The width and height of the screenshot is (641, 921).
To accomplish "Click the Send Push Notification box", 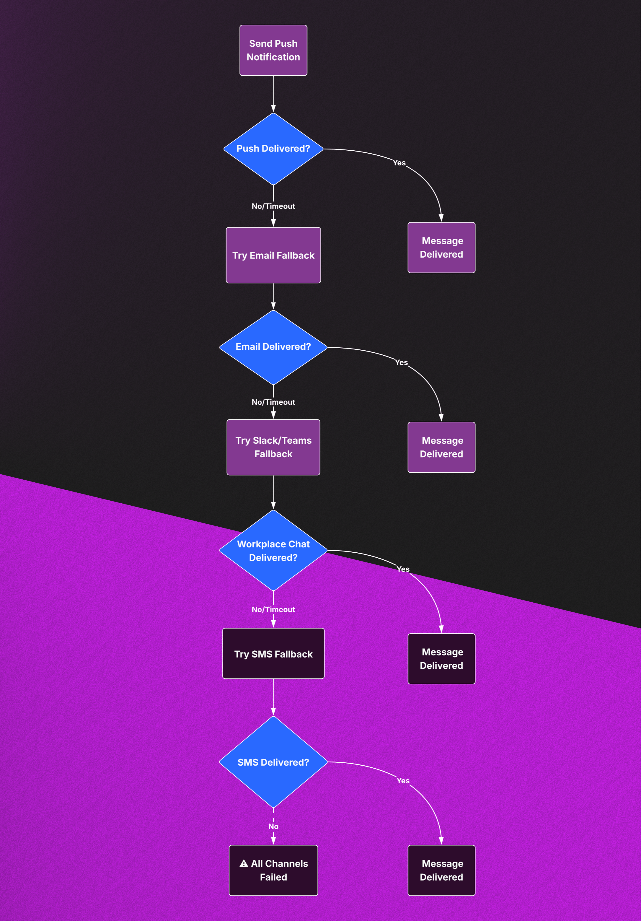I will [273, 50].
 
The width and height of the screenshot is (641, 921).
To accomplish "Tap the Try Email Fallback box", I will [273, 255].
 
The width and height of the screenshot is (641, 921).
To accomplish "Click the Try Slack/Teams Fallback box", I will [273, 447].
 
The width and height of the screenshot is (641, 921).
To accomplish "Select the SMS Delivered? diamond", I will [273, 762].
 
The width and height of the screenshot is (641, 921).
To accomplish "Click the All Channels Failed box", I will [273, 870].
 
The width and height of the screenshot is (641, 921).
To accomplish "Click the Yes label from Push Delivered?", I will [399, 163].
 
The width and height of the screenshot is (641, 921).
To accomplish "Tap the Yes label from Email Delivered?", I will [401, 362].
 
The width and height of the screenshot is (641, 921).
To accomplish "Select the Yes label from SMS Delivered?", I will [403, 781].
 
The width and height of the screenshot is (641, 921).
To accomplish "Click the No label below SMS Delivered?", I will [273, 826].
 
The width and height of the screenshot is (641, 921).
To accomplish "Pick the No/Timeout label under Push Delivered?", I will [273, 206].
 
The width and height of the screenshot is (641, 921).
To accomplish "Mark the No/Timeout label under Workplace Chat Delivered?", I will [273, 609].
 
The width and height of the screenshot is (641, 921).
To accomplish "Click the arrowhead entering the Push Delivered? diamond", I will [273, 109].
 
